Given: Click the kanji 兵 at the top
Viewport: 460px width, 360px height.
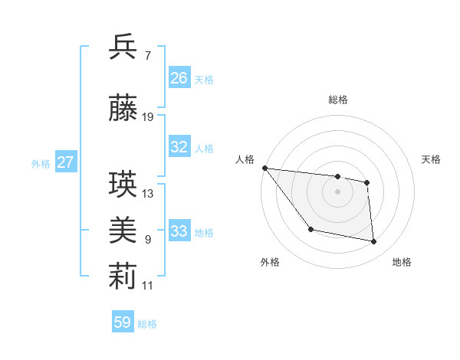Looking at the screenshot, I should click(123, 47).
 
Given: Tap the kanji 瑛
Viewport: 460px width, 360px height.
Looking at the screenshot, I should click(123, 185).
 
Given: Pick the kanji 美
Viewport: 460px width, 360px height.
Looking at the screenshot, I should click(123, 230).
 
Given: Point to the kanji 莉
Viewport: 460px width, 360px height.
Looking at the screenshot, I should click(123, 277).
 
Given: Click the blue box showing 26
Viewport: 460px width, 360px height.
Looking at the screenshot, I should click(179, 78).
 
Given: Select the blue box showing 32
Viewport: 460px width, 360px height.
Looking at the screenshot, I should click(179, 147).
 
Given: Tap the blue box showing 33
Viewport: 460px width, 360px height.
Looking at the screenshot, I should click(179, 231).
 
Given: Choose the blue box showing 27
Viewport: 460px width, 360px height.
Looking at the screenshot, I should click(66, 162).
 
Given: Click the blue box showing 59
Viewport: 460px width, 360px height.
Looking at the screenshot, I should click(123, 322).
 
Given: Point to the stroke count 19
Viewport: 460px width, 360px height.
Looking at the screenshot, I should click(148, 117).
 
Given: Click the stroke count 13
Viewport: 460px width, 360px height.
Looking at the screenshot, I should click(148, 194).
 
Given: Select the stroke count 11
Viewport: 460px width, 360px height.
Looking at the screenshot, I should click(148, 286).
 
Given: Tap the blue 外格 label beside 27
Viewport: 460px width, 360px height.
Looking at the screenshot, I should click(41, 163).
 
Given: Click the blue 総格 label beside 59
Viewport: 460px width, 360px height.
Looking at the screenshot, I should click(147, 323).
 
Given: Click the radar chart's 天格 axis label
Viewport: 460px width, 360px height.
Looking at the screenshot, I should click(432, 159).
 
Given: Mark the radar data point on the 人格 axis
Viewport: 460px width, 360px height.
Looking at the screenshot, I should click(264, 168).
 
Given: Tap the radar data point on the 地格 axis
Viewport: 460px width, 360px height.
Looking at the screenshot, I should click(374, 242).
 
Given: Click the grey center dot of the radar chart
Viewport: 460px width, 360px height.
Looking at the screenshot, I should click(338, 191).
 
